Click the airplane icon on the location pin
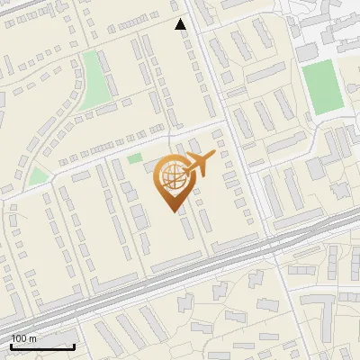pyautogui.click(x=199, y=164)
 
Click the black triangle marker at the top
pyautogui.click(x=181, y=24)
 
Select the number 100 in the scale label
pyautogui.click(x=19, y=338)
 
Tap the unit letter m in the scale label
pyautogui.click(x=31, y=338)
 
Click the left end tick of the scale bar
pyautogui.click(x=11, y=346)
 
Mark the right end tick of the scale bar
pyautogui.click(x=74, y=346)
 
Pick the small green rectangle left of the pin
pyautogui.click(x=134, y=159)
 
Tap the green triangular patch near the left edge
pyautogui.click(x=37, y=175)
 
